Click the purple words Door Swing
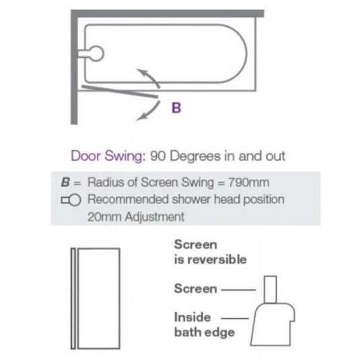point(103,156)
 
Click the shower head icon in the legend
point(72,201)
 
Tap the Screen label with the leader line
point(195,289)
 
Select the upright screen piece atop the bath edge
point(271,288)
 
